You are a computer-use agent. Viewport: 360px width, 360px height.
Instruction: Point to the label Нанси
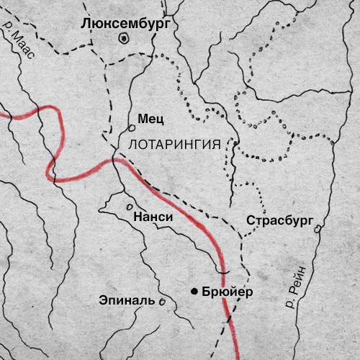tap(152, 215)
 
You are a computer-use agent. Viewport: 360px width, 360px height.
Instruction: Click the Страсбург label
tap(278, 220)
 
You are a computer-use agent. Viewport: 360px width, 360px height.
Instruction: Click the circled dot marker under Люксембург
tap(124, 38)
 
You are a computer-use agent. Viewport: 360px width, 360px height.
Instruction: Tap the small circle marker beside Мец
tap(132, 127)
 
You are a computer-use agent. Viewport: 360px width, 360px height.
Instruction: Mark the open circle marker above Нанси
tap(130, 205)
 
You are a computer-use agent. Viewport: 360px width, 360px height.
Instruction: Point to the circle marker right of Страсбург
tap(318, 229)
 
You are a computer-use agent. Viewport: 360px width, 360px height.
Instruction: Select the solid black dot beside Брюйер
tap(194, 291)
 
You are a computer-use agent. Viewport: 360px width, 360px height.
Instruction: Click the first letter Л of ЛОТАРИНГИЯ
tap(130, 143)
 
